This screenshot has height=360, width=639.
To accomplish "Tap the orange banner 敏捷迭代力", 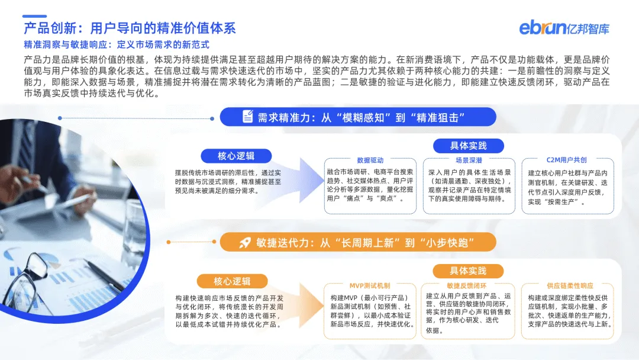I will click(x=358, y=242).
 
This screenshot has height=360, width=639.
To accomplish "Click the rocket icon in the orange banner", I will click(x=245, y=242).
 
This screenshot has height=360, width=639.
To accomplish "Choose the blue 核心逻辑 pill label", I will click(x=236, y=156).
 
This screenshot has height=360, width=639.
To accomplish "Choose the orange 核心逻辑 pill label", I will click(x=232, y=281).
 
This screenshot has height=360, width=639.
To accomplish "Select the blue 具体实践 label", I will click(x=468, y=146).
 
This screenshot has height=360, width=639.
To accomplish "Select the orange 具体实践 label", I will click(x=468, y=271).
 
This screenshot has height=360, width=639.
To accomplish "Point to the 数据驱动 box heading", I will click(x=370, y=160).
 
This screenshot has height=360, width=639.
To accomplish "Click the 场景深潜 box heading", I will click(x=468, y=160).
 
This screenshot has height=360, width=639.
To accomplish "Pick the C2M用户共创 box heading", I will click(x=566, y=160).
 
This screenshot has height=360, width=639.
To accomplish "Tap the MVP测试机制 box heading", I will click(x=370, y=285).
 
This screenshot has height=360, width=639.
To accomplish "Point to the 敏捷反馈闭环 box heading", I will click(x=468, y=285).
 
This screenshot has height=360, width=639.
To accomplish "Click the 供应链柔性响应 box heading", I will click(x=566, y=285).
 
